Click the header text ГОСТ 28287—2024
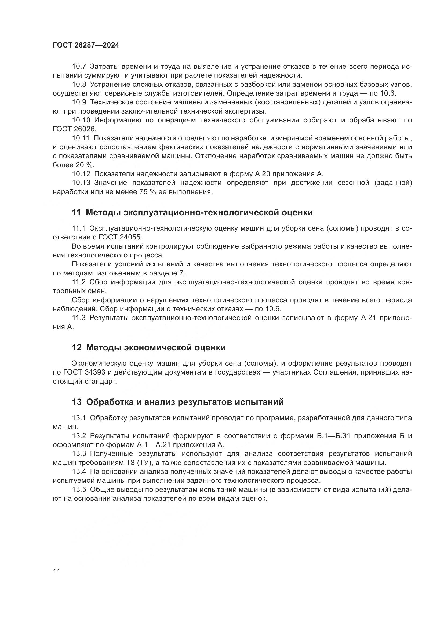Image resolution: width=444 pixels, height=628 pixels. click(x=86, y=45)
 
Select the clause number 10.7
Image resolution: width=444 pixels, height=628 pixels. click(x=79, y=67)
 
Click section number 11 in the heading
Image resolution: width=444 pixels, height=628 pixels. click(x=76, y=213)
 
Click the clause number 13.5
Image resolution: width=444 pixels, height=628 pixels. click(x=79, y=490)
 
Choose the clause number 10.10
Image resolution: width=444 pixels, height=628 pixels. click(x=81, y=120)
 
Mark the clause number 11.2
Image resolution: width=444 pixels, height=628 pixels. click(x=79, y=282)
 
